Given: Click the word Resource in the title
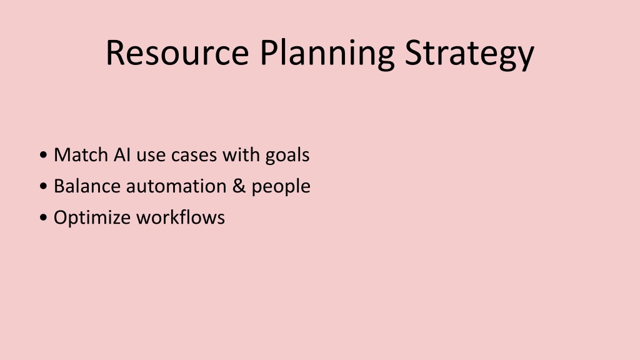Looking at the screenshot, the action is [177, 52].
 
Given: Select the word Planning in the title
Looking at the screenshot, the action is [327, 55].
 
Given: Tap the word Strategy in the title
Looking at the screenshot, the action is [469, 55].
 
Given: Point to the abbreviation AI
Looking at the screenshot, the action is [122, 155].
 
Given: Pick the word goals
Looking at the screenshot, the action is [287, 156].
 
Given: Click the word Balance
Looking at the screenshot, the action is [87, 186].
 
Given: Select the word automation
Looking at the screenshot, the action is [176, 187].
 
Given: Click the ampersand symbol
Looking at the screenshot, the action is [239, 186].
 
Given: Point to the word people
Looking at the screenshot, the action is [281, 187].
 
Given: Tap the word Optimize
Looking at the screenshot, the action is [92, 218].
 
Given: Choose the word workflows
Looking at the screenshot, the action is [181, 217].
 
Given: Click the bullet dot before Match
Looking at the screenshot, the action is [44, 155].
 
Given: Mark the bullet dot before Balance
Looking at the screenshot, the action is [44, 186].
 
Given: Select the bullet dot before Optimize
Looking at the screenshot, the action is [44, 217].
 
